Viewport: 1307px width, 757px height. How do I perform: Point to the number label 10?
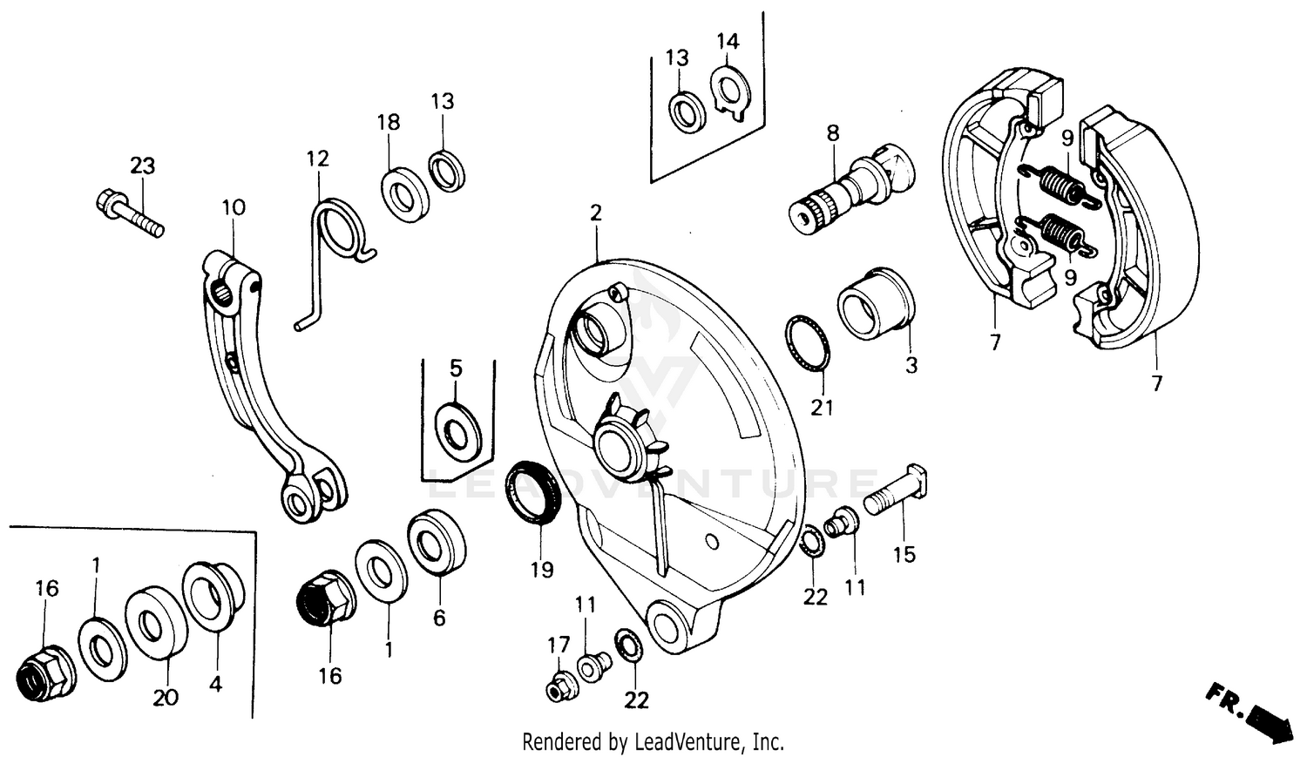click(234, 207)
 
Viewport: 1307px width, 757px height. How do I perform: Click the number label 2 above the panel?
click(596, 213)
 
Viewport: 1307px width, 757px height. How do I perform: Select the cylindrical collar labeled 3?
click(876, 303)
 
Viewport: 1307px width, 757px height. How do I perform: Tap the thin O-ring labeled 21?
click(808, 343)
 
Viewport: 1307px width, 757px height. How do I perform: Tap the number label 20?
click(166, 697)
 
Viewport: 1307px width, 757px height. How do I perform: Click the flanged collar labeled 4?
click(213, 594)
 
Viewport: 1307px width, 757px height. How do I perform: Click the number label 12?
click(318, 159)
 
